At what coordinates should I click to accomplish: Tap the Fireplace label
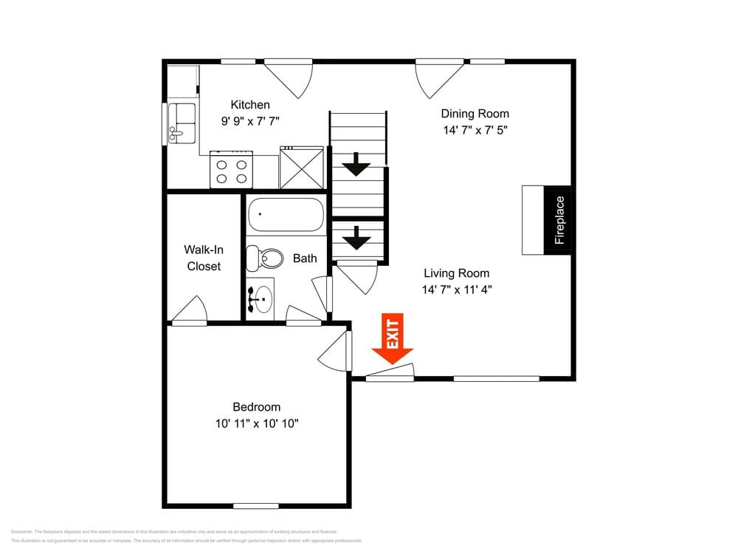point(559,219)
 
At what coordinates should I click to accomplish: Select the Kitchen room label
point(250,105)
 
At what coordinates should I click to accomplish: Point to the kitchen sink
point(182,123)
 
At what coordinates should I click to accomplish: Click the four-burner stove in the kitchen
point(232,171)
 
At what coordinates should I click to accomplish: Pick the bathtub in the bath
point(286,215)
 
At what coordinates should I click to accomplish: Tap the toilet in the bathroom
point(265,258)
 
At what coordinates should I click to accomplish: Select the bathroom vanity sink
point(260,298)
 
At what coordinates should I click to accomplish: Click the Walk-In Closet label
point(204,258)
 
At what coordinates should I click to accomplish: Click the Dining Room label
point(475,114)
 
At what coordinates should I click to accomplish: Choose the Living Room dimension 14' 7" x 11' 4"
point(457,290)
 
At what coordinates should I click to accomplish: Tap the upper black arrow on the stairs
point(358,164)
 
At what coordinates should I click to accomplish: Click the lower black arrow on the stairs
point(358,237)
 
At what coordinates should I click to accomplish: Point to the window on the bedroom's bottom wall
point(255,506)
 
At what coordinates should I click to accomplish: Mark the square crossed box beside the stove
point(301,169)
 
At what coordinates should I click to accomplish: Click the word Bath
point(305,258)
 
